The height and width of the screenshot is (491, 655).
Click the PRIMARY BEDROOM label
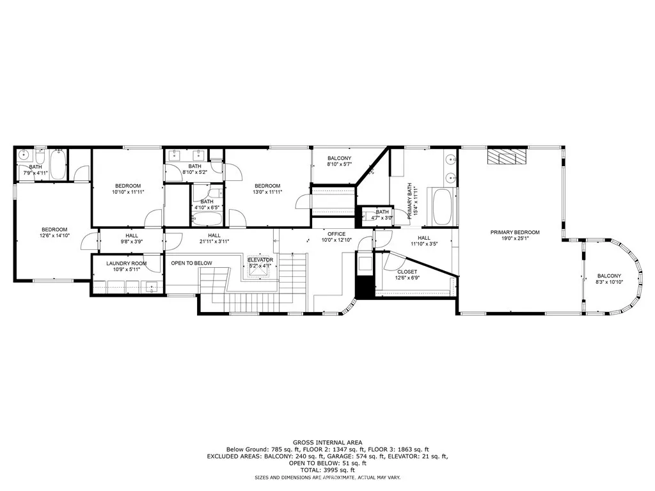pyautogui.click(x=515, y=232)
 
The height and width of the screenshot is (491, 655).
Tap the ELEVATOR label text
pyautogui.click(x=260, y=260)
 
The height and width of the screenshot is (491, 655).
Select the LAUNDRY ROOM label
pyautogui.click(x=126, y=263)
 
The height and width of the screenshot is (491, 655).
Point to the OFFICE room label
pyautogui.click(x=336, y=233)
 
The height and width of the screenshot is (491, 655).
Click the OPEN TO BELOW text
pyautogui.click(x=191, y=263)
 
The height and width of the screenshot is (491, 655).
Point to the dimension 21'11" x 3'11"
pyautogui.click(x=214, y=241)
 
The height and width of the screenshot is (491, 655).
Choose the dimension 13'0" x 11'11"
pyautogui.click(x=267, y=192)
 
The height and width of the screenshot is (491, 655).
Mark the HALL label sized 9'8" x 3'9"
pyautogui.click(x=132, y=235)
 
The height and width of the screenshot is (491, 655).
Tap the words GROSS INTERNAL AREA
pyautogui.click(x=327, y=442)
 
